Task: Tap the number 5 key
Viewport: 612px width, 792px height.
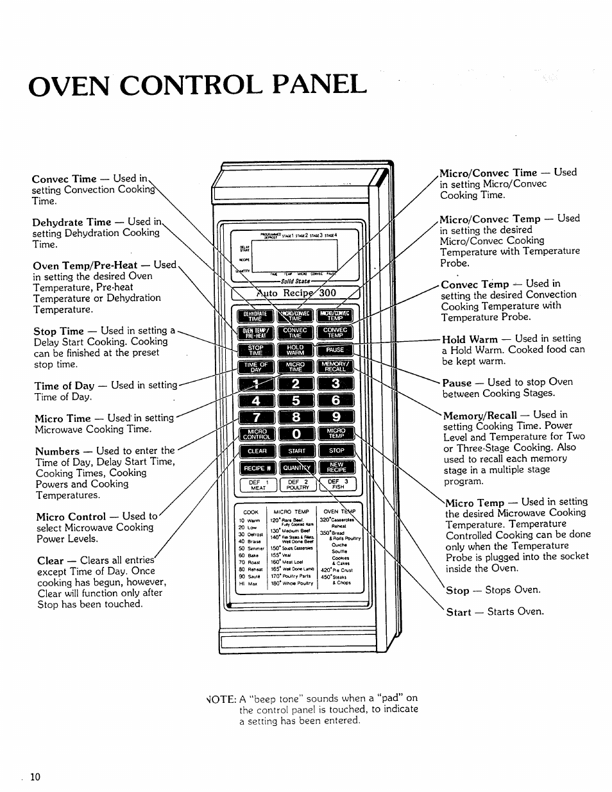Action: tap(296, 401)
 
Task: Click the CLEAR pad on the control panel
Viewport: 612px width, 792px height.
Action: tap(257, 451)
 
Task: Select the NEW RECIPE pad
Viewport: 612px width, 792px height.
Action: tap(336, 468)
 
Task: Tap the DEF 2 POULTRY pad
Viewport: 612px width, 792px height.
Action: tap(298, 484)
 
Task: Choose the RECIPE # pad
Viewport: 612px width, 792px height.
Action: tap(257, 468)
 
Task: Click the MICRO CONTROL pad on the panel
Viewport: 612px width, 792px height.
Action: tap(257, 434)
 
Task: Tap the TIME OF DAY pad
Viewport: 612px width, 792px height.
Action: tap(256, 367)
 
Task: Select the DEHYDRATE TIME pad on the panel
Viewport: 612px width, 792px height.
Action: tap(255, 316)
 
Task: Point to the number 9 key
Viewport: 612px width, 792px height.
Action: tap(336, 417)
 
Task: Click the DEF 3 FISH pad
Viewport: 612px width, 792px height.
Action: tap(337, 484)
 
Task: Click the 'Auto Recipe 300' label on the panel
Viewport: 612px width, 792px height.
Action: tap(296, 293)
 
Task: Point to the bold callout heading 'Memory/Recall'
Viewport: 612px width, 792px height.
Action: tap(480, 415)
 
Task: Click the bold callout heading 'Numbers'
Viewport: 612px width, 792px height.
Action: tap(58, 451)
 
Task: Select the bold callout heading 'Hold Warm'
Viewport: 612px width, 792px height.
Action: tap(470, 339)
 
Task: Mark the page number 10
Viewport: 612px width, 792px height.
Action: tap(35, 777)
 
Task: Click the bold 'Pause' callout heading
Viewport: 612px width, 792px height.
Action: tap(457, 382)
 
